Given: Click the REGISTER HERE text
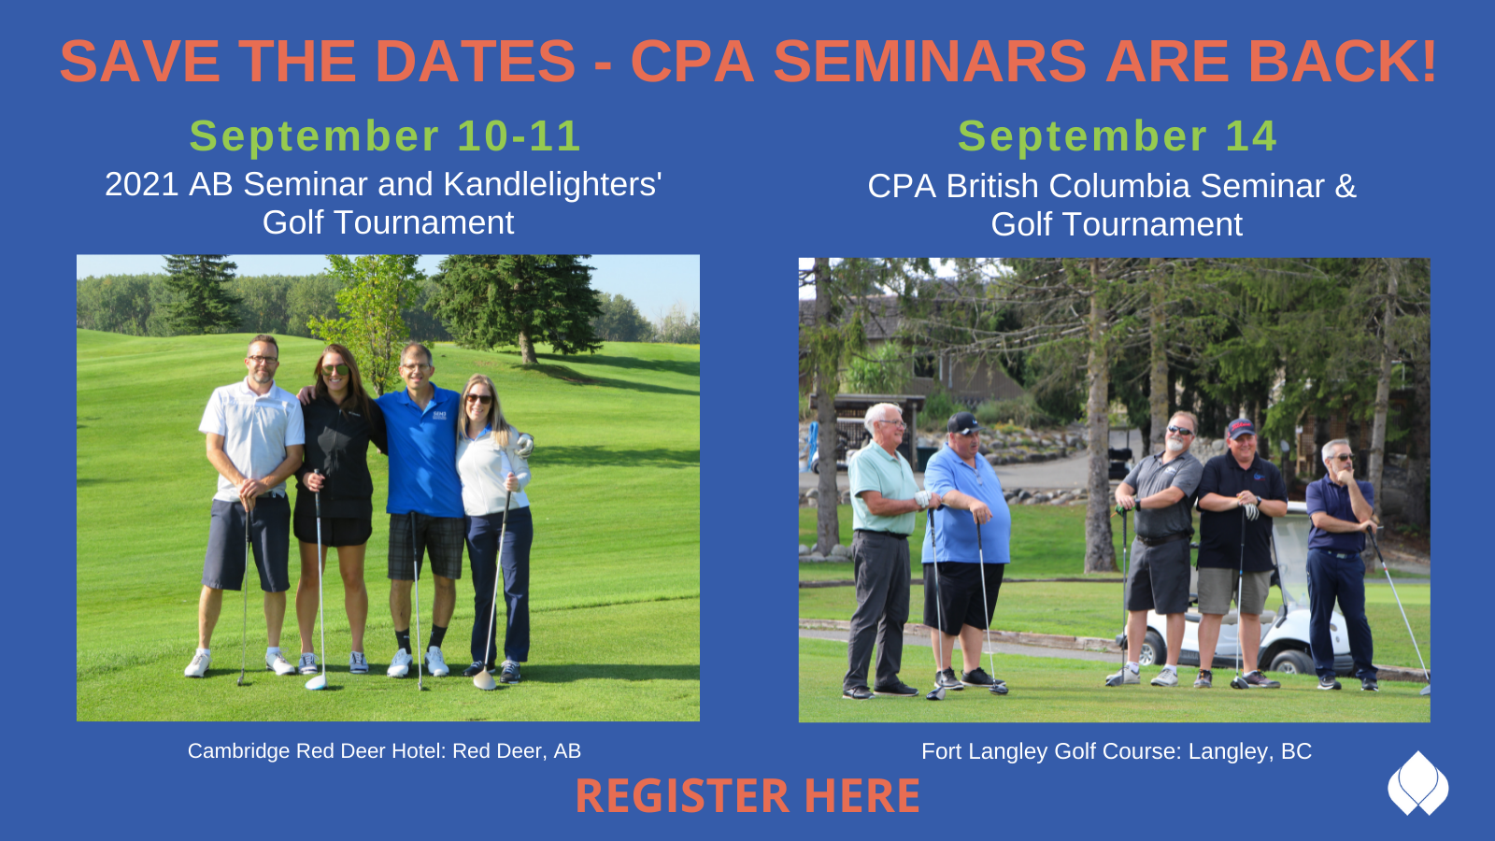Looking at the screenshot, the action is pyautogui.click(x=747, y=795).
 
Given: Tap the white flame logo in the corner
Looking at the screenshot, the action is pyautogui.click(x=1417, y=784).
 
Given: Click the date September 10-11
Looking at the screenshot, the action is pyautogui.click(x=385, y=136).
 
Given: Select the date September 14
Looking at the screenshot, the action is pyautogui.click(x=1118, y=136).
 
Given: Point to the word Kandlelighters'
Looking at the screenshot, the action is pyautogui.click(x=552, y=184).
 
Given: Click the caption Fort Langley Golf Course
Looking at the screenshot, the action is pyautogui.click(x=1050, y=751).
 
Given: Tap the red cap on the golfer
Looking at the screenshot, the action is pyautogui.click(x=1240, y=427).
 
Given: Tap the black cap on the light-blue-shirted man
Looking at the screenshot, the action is pyautogui.click(x=963, y=421).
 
